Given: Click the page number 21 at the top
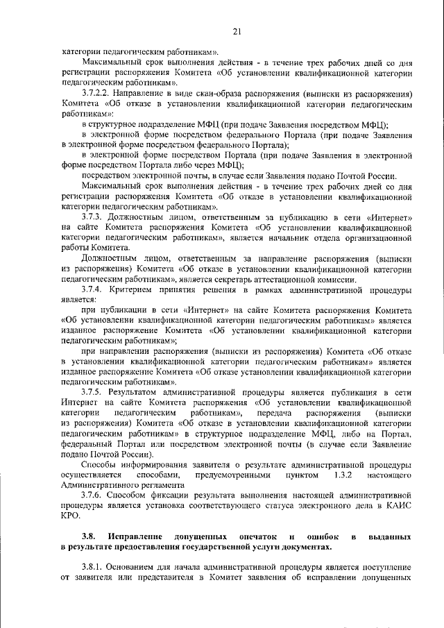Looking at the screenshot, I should tap(237, 31).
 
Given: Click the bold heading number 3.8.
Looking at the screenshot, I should tap(88, 537).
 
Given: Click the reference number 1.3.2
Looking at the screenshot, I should tap(344, 475).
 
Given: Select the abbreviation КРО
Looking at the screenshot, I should tap(71, 516).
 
